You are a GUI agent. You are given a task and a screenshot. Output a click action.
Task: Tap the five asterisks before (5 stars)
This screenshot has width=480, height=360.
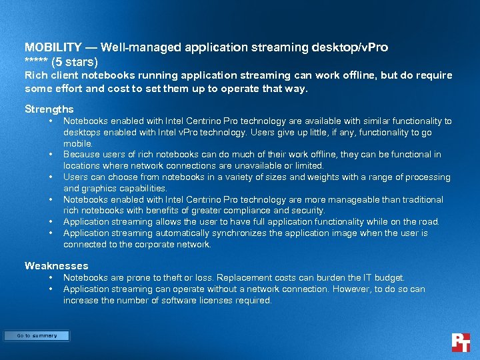(x=37, y=62)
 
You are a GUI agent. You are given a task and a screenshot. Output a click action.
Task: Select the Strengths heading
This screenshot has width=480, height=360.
(x=49, y=109)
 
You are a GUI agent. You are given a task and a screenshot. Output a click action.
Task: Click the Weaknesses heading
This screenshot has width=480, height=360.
(x=56, y=266)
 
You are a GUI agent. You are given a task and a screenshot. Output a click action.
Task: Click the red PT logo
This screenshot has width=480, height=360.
(x=461, y=342)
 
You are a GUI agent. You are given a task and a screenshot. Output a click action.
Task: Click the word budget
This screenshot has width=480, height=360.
(x=388, y=277)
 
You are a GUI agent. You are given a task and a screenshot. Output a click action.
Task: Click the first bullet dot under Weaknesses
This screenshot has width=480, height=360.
(x=51, y=277)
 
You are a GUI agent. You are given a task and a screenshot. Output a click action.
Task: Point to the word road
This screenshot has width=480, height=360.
(x=428, y=221)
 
